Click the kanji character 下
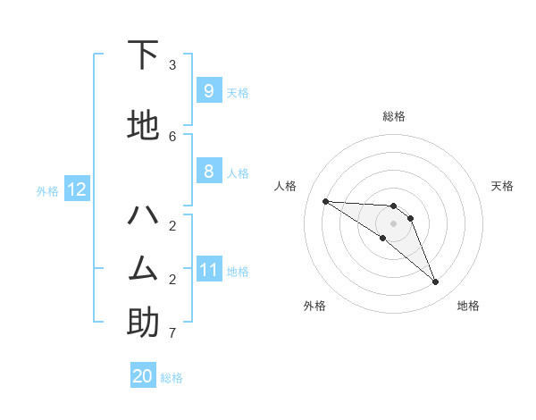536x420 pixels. (143, 55)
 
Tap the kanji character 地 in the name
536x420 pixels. (143, 126)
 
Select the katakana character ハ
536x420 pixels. (143, 215)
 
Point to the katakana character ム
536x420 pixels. (143, 267)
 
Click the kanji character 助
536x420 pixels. (143, 322)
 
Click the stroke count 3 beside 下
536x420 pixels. (172, 65)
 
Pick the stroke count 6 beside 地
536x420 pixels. (172, 136)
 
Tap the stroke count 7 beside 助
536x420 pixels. (172, 333)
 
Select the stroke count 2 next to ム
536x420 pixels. (172, 279)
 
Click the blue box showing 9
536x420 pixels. (208, 90)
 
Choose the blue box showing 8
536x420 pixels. (208, 172)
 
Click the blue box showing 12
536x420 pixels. (76, 189)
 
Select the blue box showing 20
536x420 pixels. (143, 376)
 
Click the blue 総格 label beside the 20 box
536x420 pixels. (172, 378)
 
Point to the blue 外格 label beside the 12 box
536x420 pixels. (47, 190)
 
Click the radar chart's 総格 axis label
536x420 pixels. (394, 116)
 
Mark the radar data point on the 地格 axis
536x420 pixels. (436, 282)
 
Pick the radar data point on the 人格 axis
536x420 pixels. (325, 201)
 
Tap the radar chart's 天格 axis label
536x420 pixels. (503, 186)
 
